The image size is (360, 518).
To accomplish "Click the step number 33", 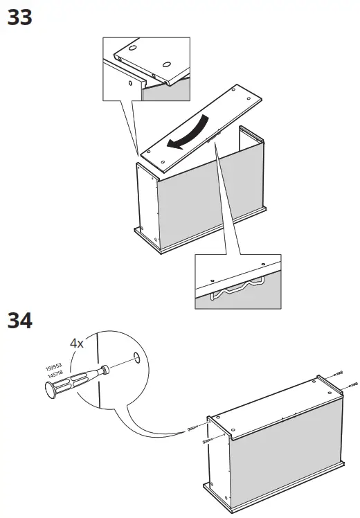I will click(19, 17).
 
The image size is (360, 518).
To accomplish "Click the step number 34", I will click(19, 321).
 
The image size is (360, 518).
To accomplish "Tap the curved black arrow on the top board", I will click(191, 132).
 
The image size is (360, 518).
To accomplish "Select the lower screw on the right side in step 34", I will click(352, 383).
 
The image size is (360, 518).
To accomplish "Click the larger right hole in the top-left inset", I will click(167, 65).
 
